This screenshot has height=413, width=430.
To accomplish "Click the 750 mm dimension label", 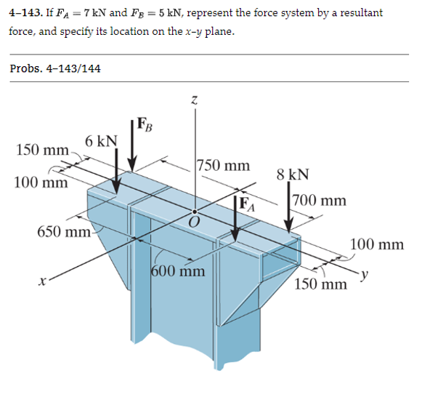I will (224, 167).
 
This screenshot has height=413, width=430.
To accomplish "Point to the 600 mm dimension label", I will (178, 273).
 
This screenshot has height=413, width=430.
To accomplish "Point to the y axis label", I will (368, 274).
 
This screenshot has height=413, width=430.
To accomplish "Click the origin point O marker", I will (193, 211).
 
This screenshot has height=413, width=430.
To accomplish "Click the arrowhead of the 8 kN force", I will (289, 225).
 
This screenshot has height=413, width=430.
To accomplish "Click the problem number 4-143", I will (28, 13).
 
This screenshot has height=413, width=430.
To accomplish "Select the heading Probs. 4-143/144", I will (55, 68).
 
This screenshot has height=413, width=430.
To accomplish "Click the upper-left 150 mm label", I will (42, 150).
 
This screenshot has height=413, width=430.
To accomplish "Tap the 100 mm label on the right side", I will (376, 244).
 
